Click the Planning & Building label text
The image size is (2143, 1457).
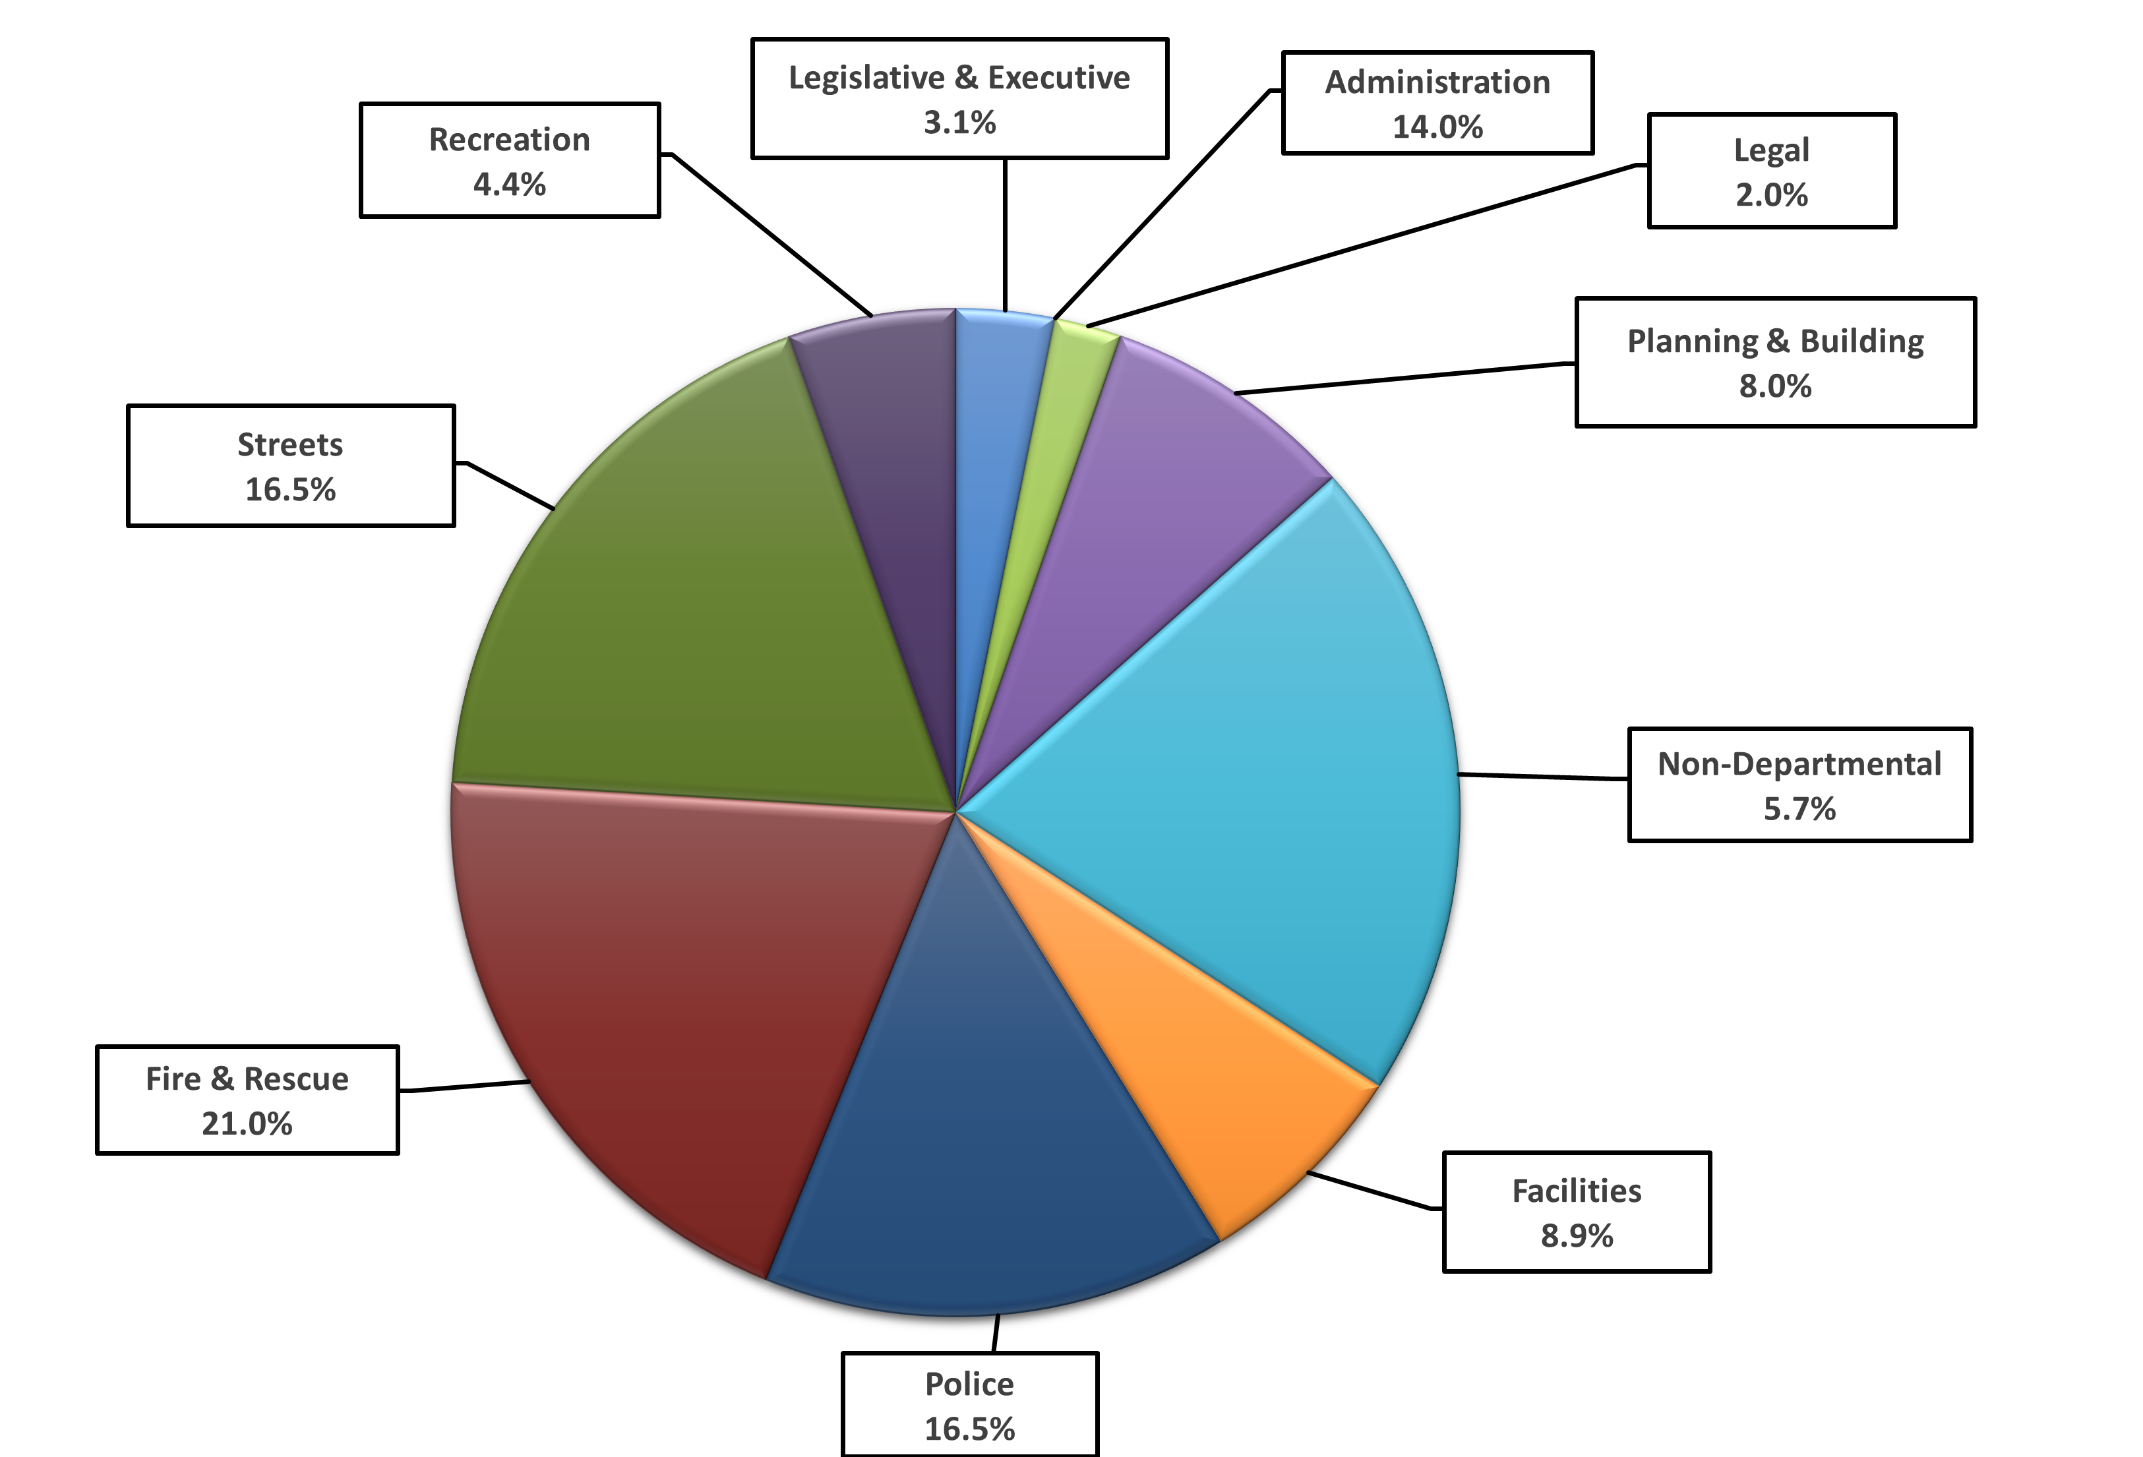(1775, 342)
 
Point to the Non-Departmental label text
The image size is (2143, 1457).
(1799, 765)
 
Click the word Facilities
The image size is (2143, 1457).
(1576, 1191)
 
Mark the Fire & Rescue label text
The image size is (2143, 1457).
(247, 1079)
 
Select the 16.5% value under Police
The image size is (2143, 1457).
(969, 1429)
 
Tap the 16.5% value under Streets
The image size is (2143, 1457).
(291, 490)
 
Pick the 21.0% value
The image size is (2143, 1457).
(247, 1124)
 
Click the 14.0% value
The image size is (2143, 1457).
(1437, 127)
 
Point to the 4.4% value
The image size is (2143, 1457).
(509, 185)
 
